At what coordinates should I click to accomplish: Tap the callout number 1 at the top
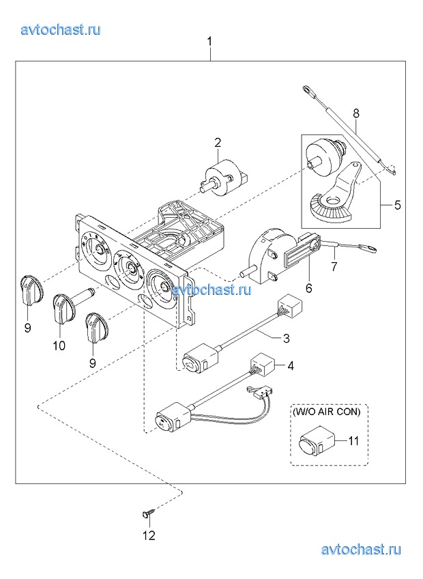[x=210, y=42]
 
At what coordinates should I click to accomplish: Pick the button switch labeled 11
[x=316, y=440]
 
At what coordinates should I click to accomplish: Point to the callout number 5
[x=397, y=205]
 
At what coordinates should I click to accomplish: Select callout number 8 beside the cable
[x=355, y=113]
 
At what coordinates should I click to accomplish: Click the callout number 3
[x=286, y=338]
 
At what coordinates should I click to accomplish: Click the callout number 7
[x=334, y=266]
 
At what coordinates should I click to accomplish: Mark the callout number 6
[x=308, y=287]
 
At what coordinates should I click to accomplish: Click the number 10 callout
[x=59, y=345]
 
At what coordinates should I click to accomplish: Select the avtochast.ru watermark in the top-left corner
[x=61, y=29]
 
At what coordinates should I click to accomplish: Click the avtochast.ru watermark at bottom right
[x=361, y=550]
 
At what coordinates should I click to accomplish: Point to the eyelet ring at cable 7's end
[x=370, y=250]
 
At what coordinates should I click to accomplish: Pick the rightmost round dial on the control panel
[x=162, y=285]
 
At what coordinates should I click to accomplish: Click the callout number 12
[x=149, y=535]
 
